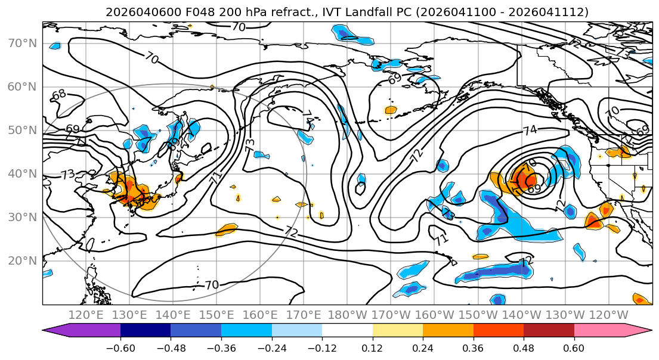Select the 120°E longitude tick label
coord(86,315)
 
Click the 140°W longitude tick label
coord(522,315)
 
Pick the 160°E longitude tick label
coord(261,315)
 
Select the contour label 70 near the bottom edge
coord(212,285)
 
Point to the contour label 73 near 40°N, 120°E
coord(67,175)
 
